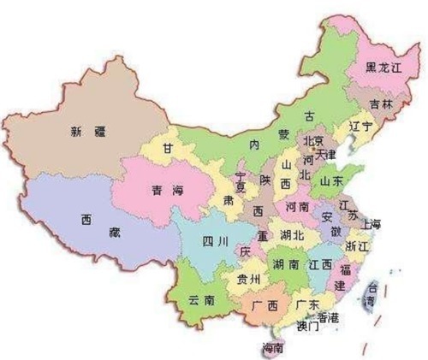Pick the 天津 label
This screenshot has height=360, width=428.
point(326,156)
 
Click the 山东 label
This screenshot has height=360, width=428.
point(330,182)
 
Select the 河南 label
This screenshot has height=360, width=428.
point(296,207)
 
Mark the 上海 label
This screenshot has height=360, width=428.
point(371,224)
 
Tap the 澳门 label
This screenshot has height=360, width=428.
point(306,326)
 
